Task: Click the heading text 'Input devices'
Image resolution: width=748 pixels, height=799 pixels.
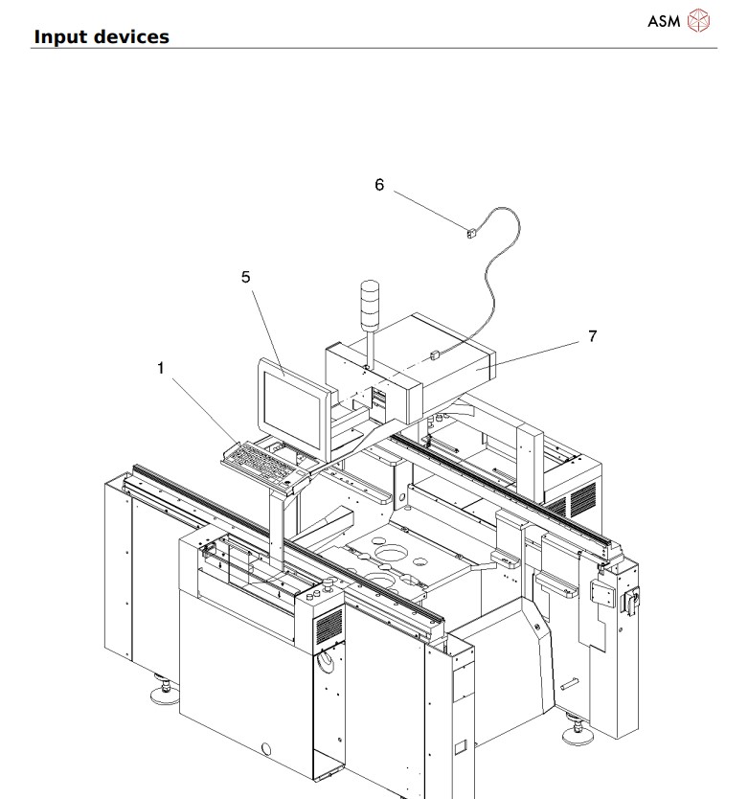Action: click(x=102, y=36)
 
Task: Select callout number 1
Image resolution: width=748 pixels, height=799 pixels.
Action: click(x=162, y=367)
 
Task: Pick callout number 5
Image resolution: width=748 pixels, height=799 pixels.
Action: click(x=245, y=277)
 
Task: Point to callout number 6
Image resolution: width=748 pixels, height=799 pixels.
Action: click(x=379, y=184)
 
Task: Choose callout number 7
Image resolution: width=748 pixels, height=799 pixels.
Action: click(x=593, y=335)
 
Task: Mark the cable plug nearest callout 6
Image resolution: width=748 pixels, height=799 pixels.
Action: click(x=470, y=232)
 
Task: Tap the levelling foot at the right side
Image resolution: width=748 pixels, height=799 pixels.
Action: click(x=579, y=732)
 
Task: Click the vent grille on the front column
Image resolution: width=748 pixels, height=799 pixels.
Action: click(x=329, y=628)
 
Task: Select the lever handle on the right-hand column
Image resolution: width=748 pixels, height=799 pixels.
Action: click(x=629, y=602)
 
